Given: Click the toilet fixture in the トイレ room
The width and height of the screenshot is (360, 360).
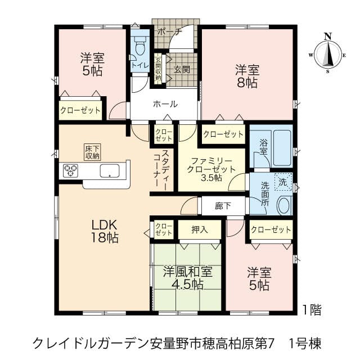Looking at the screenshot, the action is click(139, 46).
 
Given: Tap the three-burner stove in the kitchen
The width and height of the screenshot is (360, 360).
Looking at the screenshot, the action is click(70, 171).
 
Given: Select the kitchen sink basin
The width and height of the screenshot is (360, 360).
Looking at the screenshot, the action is click(110, 171).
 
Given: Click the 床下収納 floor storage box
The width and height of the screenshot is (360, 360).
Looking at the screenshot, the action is click(92, 152).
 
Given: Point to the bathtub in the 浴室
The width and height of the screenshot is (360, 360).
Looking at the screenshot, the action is click(282, 148).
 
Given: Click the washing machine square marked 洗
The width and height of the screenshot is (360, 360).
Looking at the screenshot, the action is click(283, 182).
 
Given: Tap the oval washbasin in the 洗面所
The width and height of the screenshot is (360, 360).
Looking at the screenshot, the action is click(284, 205).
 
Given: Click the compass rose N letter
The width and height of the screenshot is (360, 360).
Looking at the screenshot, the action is click(328, 36).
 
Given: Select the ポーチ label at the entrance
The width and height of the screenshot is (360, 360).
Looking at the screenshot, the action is click(170, 31).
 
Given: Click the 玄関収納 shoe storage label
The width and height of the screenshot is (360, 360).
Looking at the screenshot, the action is click(158, 69).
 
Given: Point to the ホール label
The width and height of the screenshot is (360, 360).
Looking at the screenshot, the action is click(165, 104).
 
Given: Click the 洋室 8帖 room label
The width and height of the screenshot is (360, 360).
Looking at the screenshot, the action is click(247, 76).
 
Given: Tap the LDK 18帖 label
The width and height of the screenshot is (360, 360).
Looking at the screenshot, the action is click(105, 231).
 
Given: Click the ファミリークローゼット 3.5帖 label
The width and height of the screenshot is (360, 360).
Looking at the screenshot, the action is click(211, 169).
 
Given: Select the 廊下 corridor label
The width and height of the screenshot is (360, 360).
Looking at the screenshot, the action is click(223, 206).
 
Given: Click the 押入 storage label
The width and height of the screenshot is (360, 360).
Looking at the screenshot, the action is click(200, 229).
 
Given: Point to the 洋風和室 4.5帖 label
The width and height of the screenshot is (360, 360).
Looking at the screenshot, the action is click(187, 278).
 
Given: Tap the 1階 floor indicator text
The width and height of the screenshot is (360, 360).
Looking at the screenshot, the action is click(312, 310).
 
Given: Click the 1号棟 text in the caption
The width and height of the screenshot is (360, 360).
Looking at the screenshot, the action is click(305, 344).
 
